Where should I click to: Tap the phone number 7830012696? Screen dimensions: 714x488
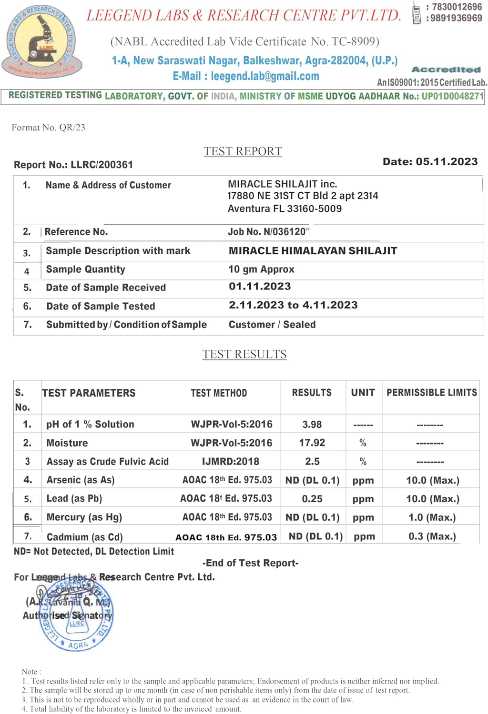click(457, 7)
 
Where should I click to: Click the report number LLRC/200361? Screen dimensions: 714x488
click(102, 165)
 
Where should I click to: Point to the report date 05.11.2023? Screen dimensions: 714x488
click(447, 162)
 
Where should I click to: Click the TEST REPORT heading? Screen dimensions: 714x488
click(243, 151)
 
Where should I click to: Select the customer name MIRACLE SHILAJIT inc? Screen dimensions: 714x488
click(282, 184)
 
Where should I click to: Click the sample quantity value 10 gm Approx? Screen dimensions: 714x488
click(261, 269)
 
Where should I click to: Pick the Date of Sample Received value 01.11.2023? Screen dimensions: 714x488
click(260, 287)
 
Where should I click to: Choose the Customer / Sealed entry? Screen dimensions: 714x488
click(272, 325)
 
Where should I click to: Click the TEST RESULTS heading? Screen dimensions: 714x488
click(244, 354)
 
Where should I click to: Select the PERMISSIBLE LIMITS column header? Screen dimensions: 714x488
click(431, 393)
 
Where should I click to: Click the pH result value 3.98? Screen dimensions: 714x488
click(312, 424)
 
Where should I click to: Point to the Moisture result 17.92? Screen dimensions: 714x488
click(312, 443)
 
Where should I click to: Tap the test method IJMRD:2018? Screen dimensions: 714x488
click(231, 461)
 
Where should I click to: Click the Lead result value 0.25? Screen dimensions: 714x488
click(312, 499)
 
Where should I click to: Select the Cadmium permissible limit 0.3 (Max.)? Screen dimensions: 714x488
click(432, 536)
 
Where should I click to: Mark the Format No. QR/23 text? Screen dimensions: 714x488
click(48, 128)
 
